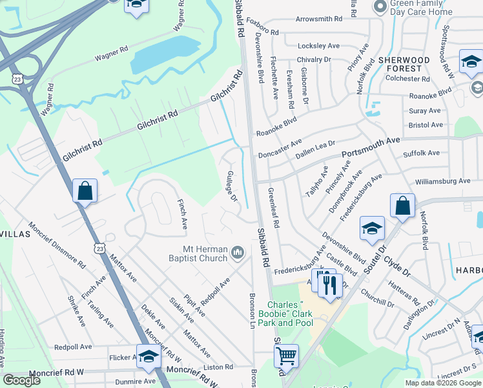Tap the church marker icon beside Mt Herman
[238, 251]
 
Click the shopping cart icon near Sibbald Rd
[286, 355]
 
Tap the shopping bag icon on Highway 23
[85, 191]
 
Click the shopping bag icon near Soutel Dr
[402, 206]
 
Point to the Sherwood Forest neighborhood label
[404, 64]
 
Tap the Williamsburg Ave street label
[443, 182]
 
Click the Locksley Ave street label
[318, 46]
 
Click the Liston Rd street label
[221, 367]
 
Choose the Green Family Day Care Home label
[422, 8]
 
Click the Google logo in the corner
[21, 380]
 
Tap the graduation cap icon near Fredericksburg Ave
[373, 229]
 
